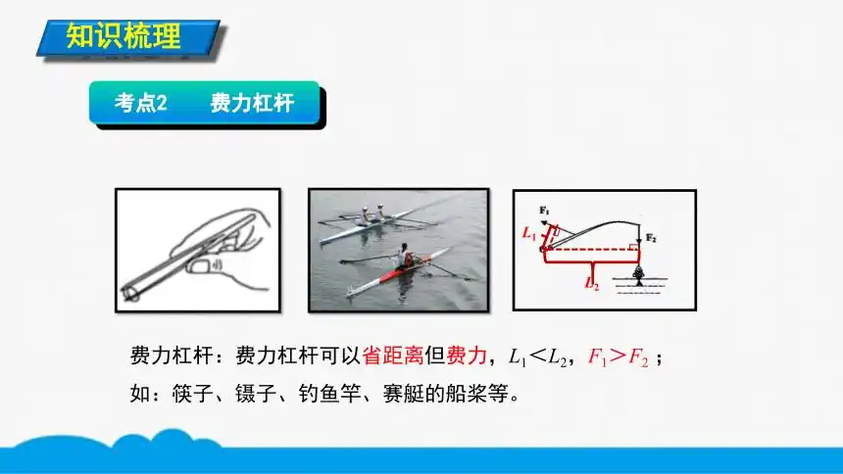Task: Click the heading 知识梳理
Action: pos(124,38)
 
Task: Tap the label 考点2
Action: pos(142,103)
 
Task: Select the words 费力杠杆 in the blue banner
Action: pos(251,103)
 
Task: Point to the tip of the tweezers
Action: pos(130,291)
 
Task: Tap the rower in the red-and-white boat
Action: pos(406,257)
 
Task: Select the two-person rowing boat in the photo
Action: pos(372,222)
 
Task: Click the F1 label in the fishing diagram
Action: pos(544,210)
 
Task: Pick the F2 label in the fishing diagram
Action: pos(651,239)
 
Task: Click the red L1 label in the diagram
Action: pos(529,233)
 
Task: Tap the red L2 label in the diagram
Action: pos(591,285)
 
